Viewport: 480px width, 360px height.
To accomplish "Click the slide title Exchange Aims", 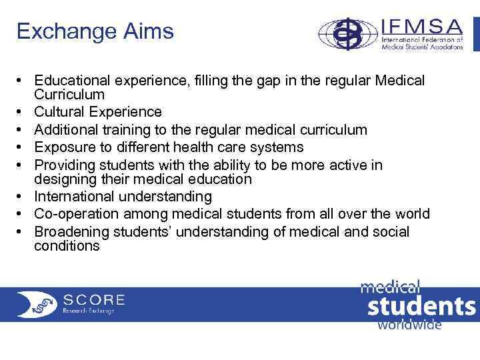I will tap(95, 31).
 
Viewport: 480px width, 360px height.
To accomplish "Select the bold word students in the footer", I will tap(421, 307).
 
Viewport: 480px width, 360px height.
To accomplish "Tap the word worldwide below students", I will tap(409, 325).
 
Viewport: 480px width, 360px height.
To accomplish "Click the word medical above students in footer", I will tap(391, 287).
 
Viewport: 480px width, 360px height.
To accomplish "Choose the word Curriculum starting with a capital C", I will tap(69, 95).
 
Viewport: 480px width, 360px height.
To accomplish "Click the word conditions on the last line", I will tap(67, 246).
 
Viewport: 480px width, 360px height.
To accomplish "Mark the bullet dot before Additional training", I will tap(22, 130).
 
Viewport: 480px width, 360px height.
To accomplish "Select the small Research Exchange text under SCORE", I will tap(89, 311).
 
